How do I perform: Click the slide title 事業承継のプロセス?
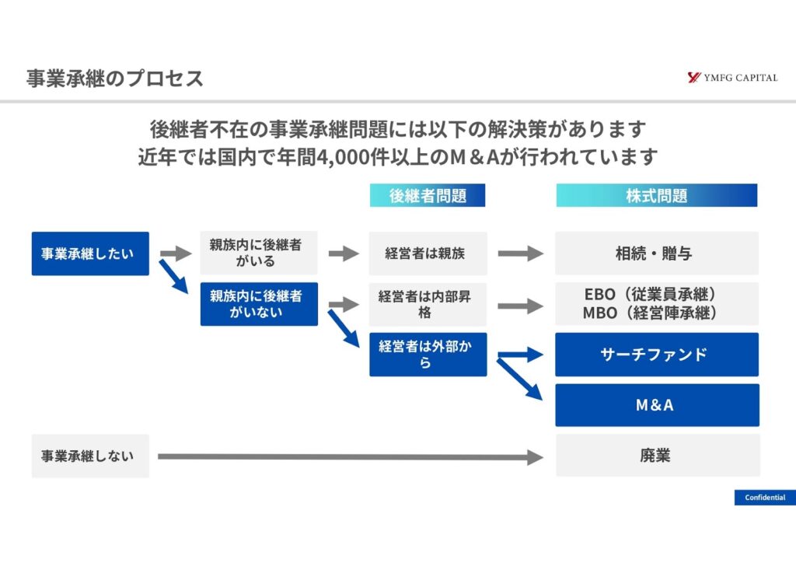click(x=114, y=79)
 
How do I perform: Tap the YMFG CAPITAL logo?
click(x=731, y=78)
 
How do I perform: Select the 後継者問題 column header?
click(x=428, y=195)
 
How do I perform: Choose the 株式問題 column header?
click(x=657, y=195)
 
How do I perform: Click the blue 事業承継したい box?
click(x=90, y=254)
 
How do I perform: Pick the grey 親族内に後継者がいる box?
click(x=259, y=253)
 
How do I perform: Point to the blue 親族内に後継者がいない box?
click(x=259, y=303)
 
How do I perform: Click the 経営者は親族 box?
click(x=428, y=254)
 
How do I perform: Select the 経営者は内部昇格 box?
click(x=428, y=304)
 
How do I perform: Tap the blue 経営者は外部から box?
click(x=428, y=355)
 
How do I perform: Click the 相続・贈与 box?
click(x=657, y=254)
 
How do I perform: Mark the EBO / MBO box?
click(x=657, y=304)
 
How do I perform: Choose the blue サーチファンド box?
click(x=657, y=355)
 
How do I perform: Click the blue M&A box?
click(x=657, y=405)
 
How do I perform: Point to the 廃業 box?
click(x=657, y=456)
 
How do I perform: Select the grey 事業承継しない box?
click(x=90, y=456)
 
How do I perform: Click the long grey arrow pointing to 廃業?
click(x=350, y=457)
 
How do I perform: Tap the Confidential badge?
click(x=765, y=498)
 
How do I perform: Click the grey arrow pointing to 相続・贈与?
click(x=520, y=254)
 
